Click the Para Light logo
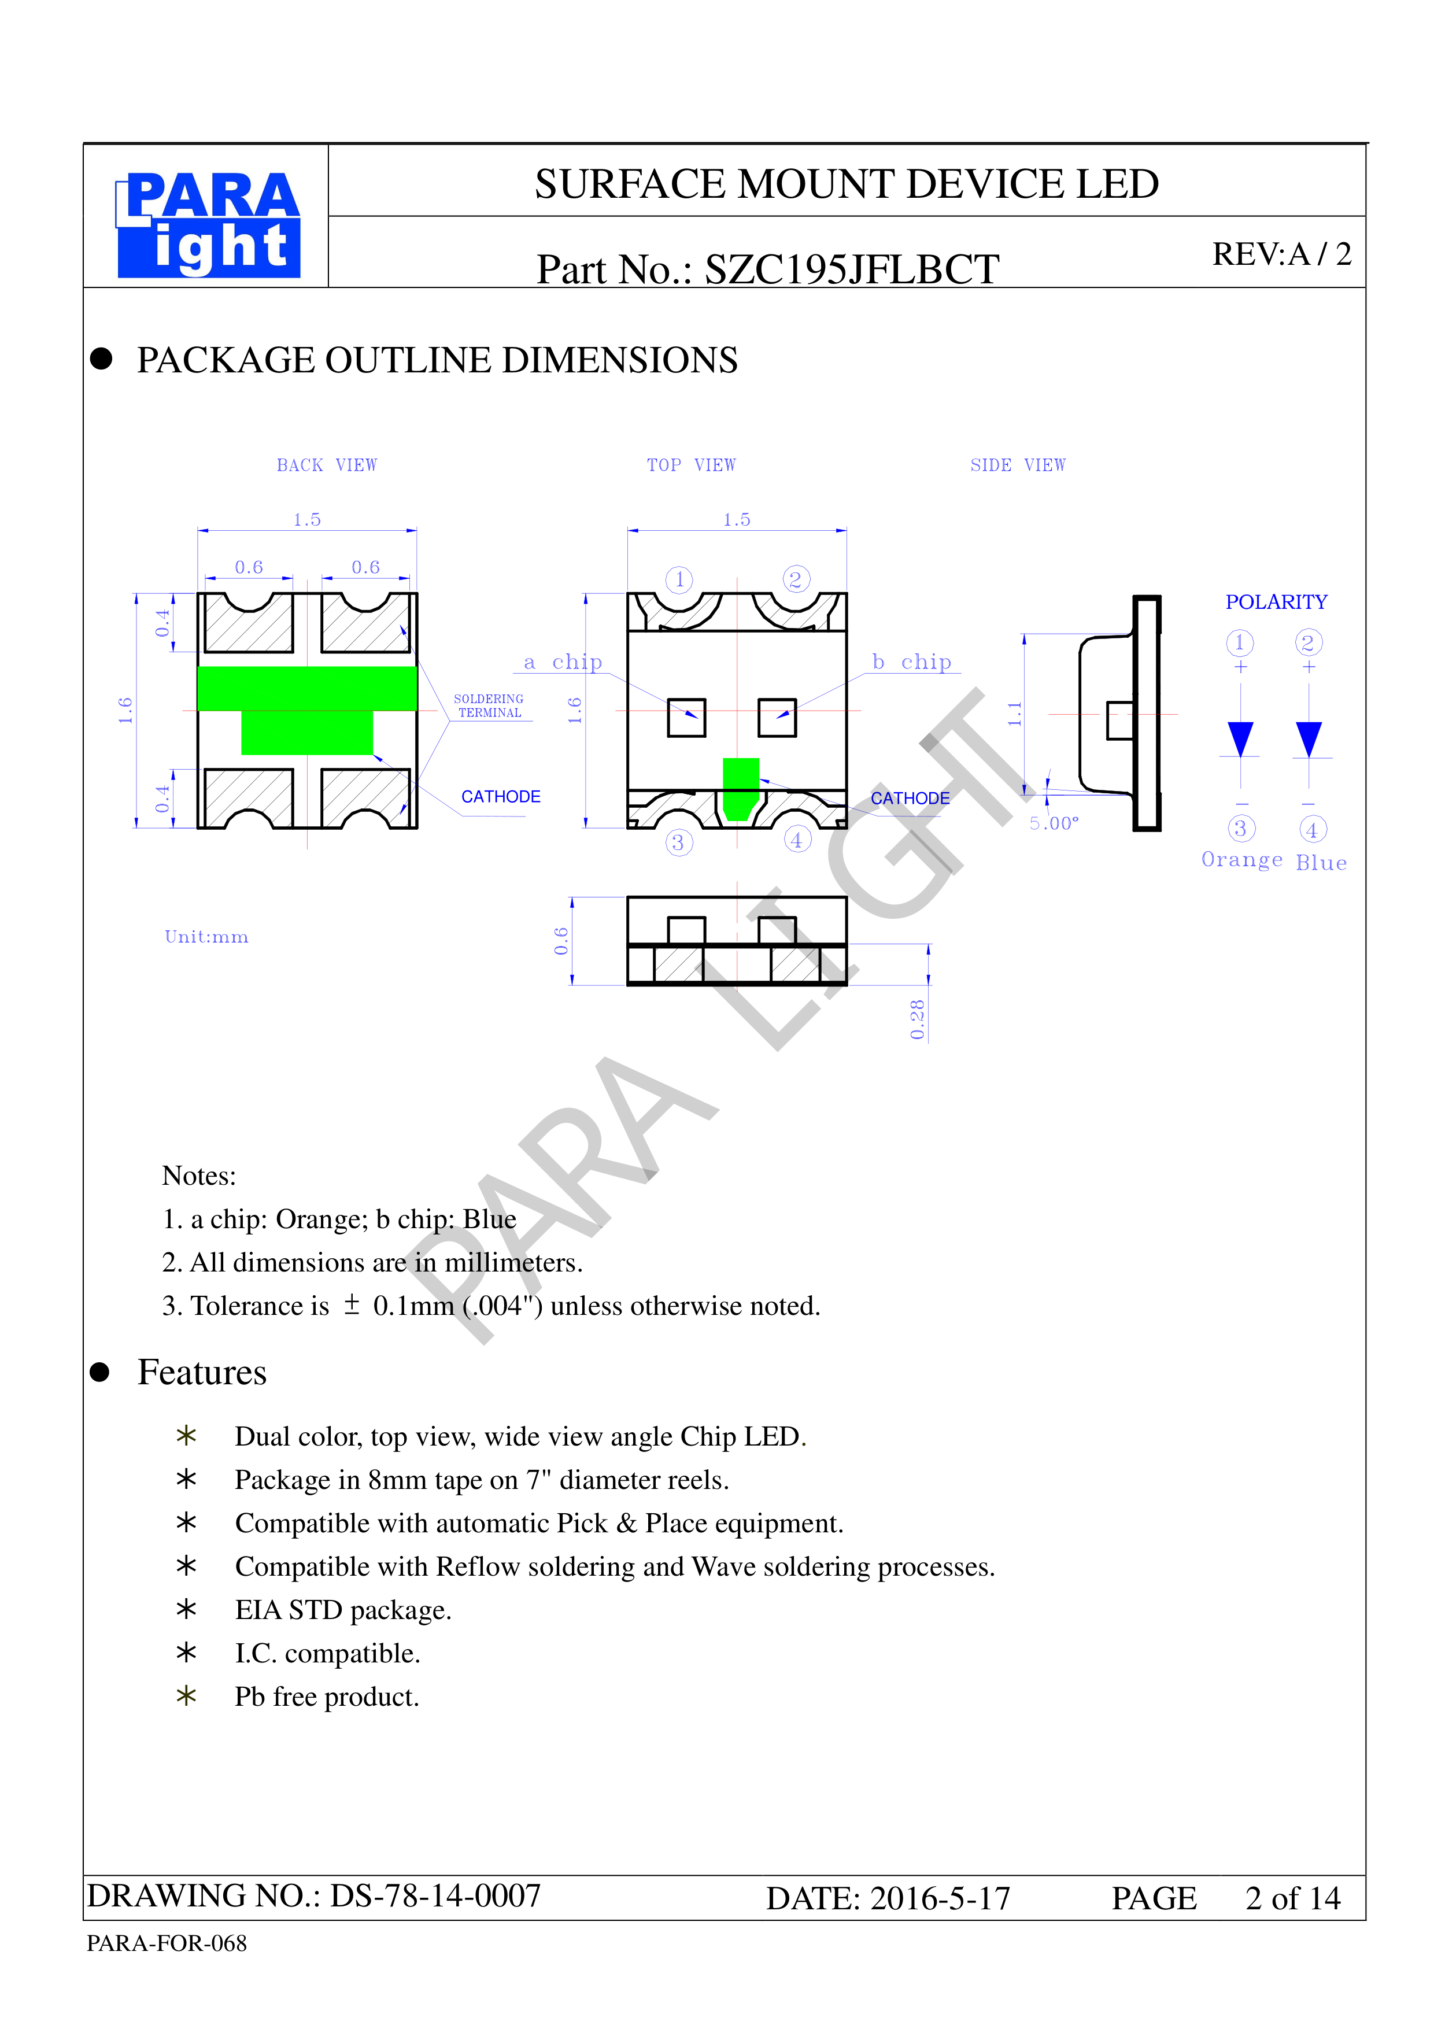click(x=209, y=224)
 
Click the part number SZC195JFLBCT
click(x=852, y=269)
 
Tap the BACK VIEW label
click(x=327, y=465)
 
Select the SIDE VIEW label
click(x=1018, y=465)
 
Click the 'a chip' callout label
click(x=563, y=662)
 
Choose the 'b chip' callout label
click(x=912, y=662)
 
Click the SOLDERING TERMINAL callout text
click(x=489, y=705)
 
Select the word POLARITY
click(x=1276, y=602)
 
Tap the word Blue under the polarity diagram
click(x=1321, y=863)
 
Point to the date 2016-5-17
click(x=940, y=1898)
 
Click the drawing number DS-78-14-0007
click(x=435, y=1895)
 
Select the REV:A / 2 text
click(x=1281, y=254)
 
